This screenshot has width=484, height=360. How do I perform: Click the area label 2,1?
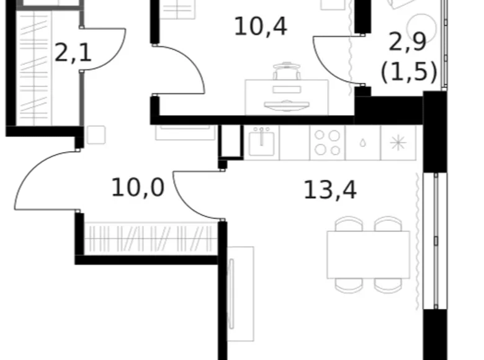click(x=73, y=52)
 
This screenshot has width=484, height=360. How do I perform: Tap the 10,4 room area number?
click(x=260, y=27)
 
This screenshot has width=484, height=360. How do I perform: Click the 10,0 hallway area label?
click(x=138, y=186)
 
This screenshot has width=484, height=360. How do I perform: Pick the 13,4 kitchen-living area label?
click(x=329, y=190)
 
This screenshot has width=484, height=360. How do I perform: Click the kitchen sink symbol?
click(x=261, y=142)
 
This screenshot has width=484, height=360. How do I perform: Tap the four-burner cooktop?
click(x=326, y=142)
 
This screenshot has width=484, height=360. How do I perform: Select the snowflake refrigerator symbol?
click(x=397, y=142)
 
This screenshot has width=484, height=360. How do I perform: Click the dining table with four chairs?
click(x=369, y=254)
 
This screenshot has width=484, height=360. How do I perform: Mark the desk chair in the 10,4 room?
click(x=286, y=71)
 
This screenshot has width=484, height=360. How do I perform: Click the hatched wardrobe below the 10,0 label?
click(x=151, y=238)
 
